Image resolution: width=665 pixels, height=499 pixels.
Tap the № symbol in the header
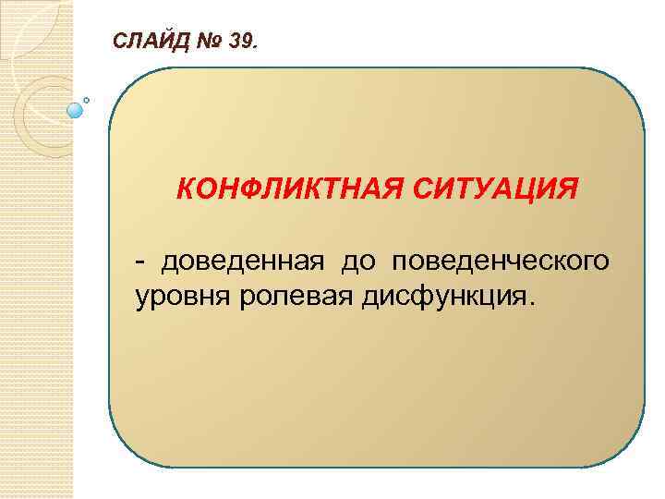pos(207,41)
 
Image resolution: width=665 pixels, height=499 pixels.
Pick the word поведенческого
pos(501,263)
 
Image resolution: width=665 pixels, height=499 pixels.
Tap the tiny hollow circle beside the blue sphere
pos(87,99)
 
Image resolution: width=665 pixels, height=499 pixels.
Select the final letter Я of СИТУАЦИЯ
pos(570,189)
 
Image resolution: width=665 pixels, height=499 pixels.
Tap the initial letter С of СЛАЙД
pos(118,41)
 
